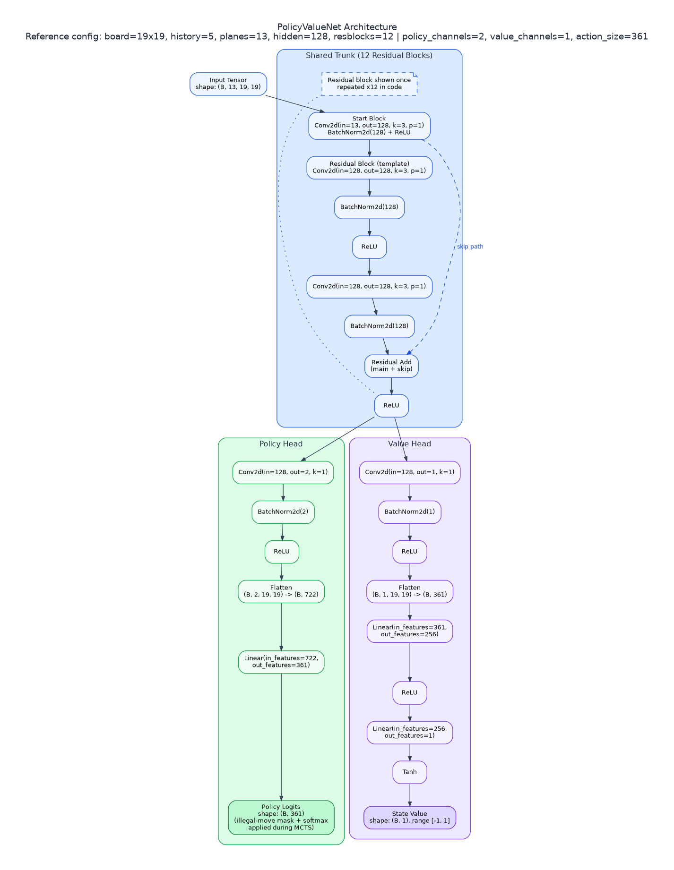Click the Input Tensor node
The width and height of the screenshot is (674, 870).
coord(228,84)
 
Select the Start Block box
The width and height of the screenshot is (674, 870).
coord(369,126)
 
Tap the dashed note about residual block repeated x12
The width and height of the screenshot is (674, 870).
coord(369,84)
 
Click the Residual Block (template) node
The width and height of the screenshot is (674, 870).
coord(369,168)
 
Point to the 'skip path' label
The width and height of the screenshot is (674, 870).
coord(470,247)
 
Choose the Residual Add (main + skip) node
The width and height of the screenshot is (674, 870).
coord(391,366)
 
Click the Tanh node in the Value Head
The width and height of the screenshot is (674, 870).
coord(410,772)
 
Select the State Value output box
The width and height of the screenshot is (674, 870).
coord(410,818)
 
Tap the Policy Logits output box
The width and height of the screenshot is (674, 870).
coord(281,818)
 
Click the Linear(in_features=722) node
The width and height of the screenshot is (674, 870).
coord(281,662)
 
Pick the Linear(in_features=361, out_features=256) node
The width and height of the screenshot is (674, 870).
coord(410,631)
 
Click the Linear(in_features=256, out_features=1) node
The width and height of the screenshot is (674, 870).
coord(410,733)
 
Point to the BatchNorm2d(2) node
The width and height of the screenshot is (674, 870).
coord(283,512)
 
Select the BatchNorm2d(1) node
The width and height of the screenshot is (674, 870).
coord(410,512)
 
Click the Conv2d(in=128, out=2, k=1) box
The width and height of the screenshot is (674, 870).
coord(283,472)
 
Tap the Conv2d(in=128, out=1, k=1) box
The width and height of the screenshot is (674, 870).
coord(410,472)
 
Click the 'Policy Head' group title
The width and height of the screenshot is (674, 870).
coord(281,444)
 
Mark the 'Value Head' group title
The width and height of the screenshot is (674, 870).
coord(409,444)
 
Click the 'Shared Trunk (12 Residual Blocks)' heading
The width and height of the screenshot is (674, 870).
coord(369,56)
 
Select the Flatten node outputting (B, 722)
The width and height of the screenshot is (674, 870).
coord(281,591)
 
